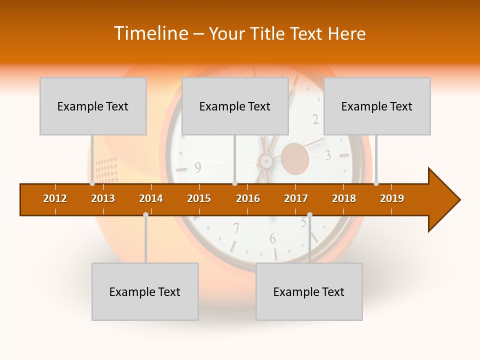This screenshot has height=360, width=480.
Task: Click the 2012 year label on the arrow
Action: point(55,198)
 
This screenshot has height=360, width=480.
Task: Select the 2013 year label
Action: point(103,198)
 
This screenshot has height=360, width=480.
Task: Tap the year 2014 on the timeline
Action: point(151,198)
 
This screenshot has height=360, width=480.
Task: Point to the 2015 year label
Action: point(199,198)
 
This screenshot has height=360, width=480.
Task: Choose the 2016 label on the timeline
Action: point(248,198)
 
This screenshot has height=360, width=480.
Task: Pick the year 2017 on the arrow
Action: point(296,198)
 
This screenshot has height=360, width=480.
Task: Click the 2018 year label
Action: point(344,198)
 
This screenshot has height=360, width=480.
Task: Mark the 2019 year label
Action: point(392,198)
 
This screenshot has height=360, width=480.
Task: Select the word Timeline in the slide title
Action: point(149,33)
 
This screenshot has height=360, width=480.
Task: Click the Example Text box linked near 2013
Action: point(93,106)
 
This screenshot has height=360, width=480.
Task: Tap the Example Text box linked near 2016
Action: point(235,106)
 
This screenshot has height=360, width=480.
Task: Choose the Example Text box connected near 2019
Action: point(377,106)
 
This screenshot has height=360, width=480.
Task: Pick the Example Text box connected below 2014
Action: point(145,291)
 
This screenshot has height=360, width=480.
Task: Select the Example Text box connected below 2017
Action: point(309,291)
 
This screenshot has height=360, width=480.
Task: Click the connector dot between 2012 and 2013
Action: point(92,183)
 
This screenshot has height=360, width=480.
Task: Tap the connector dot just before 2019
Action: point(376,183)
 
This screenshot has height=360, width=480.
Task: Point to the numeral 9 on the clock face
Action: point(198,168)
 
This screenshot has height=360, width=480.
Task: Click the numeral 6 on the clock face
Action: point(272,238)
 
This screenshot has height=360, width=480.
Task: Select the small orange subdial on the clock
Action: point(295,159)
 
